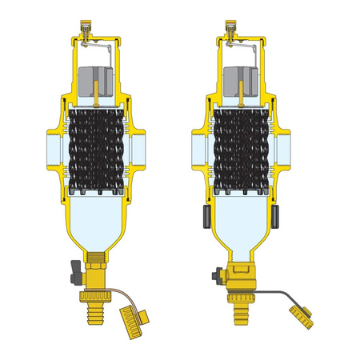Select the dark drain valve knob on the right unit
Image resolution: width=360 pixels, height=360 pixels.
(x=215, y=277)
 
